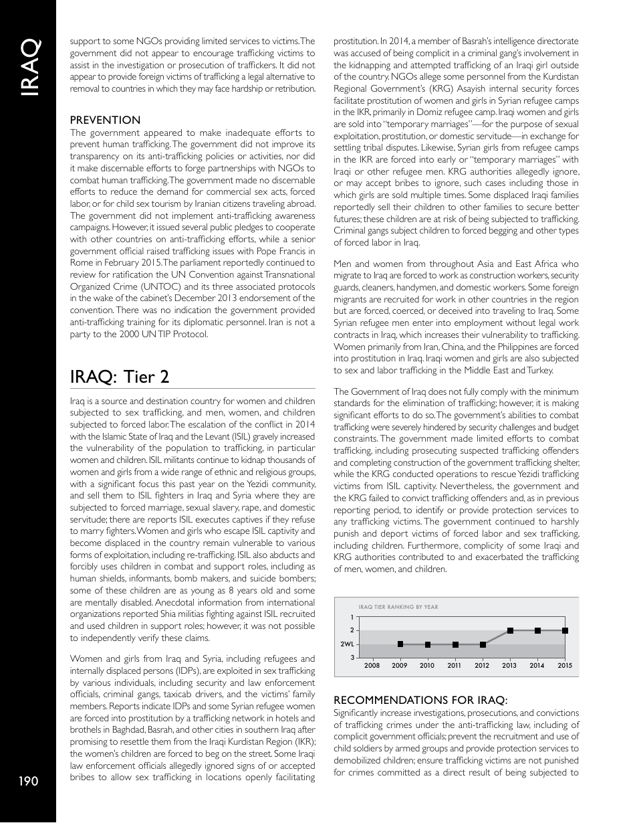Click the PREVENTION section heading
pyautogui.click(x=106, y=120)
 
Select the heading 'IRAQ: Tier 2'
pyautogui.click(x=120, y=377)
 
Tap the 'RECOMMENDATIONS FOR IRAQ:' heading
pyautogui.click(x=420, y=701)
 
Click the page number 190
pyautogui.click(x=28, y=781)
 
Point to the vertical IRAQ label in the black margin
pyautogui.click(x=28, y=68)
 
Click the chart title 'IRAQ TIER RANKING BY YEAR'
pyautogui.click(x=398, y=607)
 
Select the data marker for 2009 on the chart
pyautogui.click(x=400, y=644)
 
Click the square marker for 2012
pyautogui.click(x=483, y=644)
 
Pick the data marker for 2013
pyautogui.click(x=510, y=630)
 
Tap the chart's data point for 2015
pyautogui.click(x=565, y=630)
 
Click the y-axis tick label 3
pyautogui.click(x=352, y=658)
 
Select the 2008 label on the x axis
pyautogui.click(x=372, y=666)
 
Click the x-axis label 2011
pyautogui.click(x=455, y=666)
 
